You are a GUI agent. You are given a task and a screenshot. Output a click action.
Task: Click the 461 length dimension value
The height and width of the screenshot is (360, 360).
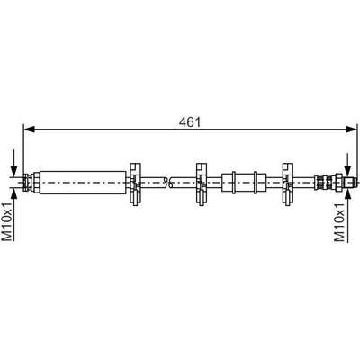pos(190,121)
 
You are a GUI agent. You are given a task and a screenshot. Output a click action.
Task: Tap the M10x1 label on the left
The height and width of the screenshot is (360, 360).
pos(7,221)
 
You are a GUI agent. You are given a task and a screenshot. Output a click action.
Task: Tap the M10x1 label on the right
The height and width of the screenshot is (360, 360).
pos(340,221)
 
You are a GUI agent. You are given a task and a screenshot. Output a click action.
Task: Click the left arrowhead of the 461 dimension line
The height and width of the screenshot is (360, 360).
pos(30,130)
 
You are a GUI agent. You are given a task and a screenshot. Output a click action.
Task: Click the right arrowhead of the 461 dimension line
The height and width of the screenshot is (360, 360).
pos(351,130)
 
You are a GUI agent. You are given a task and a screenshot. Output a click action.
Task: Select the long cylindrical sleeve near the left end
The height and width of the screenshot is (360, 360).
pos(83,183)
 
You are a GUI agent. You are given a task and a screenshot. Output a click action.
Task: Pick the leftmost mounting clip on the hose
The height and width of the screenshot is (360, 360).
pos(135,184)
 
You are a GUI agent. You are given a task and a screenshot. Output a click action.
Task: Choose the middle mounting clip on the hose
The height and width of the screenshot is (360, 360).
pos(202,184)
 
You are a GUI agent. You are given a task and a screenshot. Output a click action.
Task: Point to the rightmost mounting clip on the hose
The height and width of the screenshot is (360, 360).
pos(287,184)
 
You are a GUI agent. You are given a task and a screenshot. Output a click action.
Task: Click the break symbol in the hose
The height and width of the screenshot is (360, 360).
pos(168,183)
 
